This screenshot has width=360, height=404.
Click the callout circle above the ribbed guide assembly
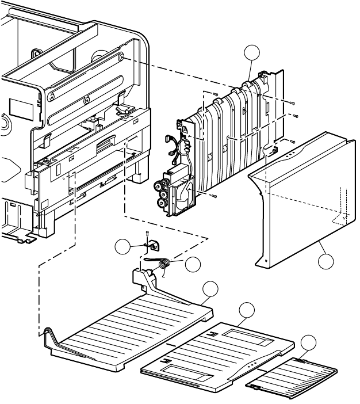pos(251,54)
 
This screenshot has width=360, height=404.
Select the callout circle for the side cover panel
pos(326,262)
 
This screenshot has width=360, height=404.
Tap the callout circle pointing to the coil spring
pos(194,264)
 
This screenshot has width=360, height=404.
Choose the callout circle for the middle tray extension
pos(247,310)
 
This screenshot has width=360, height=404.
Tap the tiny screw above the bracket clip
pos(147,233)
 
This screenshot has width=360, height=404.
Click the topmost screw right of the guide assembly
pos(294,103)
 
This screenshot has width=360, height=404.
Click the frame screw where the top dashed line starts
pos(122,56)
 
